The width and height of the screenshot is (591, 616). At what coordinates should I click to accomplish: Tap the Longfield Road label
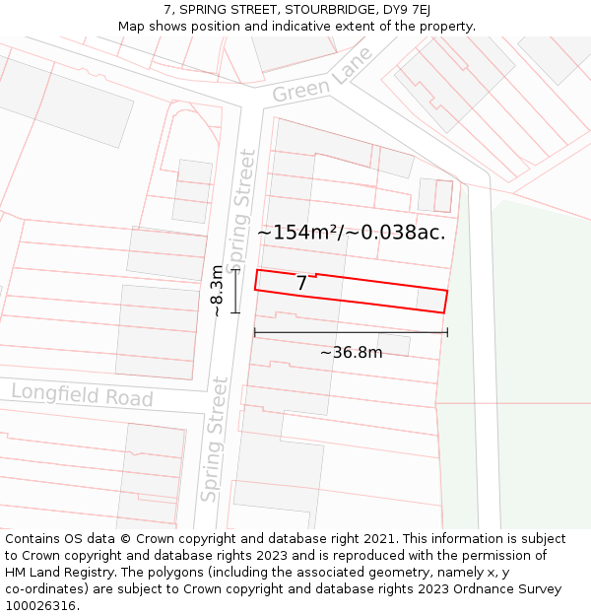tap(82, 395)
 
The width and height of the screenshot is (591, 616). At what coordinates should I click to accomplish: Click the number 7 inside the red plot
tap(302, 284)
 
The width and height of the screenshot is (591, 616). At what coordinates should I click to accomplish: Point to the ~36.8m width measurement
tap(351, 352)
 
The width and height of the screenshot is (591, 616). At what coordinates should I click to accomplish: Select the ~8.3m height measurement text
tap(218, 291)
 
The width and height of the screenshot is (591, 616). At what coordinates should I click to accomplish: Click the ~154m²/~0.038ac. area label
tap(351, 233)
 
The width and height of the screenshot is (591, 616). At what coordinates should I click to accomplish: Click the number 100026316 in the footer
tap(42, 606)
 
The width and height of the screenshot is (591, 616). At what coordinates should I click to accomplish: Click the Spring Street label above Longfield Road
tap(239, 211)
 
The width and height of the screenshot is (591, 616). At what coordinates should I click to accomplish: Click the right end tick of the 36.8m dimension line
tap(447, 332)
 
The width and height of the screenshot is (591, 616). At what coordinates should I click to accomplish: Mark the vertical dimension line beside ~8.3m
tap(235, 292)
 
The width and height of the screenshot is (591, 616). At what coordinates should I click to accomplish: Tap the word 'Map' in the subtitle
tap(133, 27)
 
